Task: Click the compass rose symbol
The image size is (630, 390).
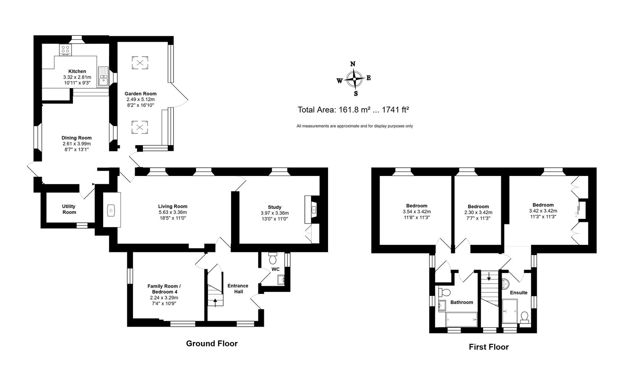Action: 354,79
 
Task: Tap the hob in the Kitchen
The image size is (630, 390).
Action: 65,50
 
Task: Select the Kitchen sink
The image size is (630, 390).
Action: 103,77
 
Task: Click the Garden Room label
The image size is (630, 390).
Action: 140,94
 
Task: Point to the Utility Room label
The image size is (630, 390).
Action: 69,209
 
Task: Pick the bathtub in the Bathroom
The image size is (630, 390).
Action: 461,320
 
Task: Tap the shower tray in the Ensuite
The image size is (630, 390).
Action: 510,311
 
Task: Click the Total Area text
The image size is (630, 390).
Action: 353,110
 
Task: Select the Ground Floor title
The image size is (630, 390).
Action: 212,343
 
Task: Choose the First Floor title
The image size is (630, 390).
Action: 489,347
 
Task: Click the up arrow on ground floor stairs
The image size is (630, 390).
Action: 215,303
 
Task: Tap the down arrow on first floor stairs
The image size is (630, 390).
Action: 489,276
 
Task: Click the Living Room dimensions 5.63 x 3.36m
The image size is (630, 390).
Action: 172,212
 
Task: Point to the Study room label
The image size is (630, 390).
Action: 274,207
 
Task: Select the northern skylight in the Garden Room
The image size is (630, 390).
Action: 140,63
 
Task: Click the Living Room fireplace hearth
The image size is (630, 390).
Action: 112,210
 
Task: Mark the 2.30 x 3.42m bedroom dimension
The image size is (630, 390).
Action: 478,213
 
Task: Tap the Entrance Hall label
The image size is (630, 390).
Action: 238,289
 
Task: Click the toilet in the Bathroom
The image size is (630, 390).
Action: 445,292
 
